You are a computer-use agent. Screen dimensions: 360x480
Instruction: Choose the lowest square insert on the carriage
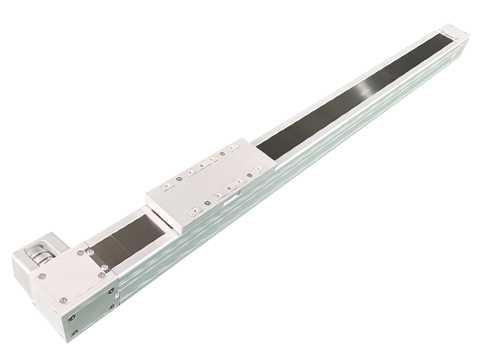pyautogui.click(x=192, y=212)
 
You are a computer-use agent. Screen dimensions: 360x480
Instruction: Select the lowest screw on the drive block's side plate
pyautogui.click(x=74, y=332)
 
